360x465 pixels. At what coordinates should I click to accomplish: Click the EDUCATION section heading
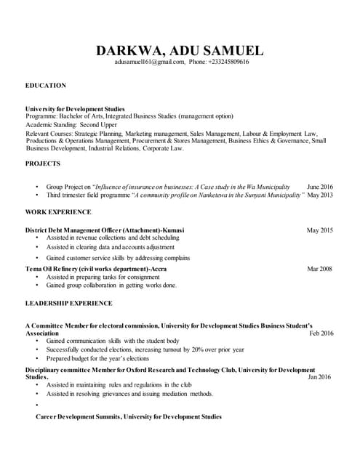pyautogui.click(x=46, y=86)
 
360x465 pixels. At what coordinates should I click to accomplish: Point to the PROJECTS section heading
pyautogui.click(x=43, y=163)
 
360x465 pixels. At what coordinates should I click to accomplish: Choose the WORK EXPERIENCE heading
pyautogui.click(x=58, y=211)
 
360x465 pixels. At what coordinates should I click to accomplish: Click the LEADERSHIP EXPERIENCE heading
pyautogui.click(x=69, y=302)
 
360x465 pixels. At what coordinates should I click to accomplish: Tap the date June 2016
pyautogui.click(x=320, y=187)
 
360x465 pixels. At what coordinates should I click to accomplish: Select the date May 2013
pyautogui.click(x=320, y=195)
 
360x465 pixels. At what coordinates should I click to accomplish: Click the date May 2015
pyautogui.click(x=320, y=230)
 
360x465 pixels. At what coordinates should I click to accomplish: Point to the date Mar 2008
pyautogui.click(x=320, y=269)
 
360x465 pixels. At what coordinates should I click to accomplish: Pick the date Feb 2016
pyautogui.click(x=321, y=333)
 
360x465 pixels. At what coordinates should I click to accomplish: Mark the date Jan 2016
pyautogui.click(x=321, y=377)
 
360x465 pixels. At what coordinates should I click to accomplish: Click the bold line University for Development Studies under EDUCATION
pyautogui.click(x=75, y=108)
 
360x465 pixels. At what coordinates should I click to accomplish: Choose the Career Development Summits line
pyautogui.click(x=129, y=417)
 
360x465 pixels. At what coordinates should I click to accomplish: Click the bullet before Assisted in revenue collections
pyautogui.click(x=37, y=238)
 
